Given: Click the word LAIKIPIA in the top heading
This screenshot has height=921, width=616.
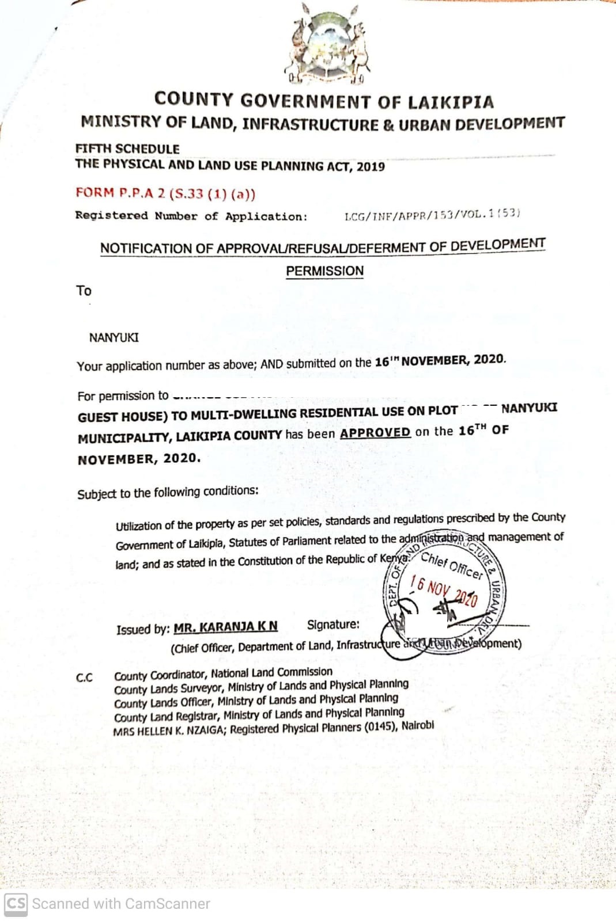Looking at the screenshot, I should pos(451,102).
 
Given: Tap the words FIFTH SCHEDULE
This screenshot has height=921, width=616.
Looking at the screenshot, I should pos(127,149).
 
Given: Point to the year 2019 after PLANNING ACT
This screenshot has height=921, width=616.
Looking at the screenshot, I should pos(371,167).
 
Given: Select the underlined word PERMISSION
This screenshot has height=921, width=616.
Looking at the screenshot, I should pos(324,271).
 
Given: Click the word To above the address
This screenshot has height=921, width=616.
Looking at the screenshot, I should pos(84,291).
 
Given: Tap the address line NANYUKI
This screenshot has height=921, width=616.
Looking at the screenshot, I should pos(114,337).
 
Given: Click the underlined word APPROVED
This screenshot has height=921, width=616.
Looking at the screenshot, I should pos(375,432).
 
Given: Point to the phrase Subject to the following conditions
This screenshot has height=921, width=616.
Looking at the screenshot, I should pos(168,493).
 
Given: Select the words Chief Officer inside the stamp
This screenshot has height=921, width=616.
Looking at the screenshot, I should pos(452,565).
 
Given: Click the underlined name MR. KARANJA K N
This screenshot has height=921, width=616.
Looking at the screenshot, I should pos(225,626).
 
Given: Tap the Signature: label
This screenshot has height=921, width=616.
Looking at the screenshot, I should pos(333,625).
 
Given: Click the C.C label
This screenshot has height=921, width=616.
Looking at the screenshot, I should pos(84,678).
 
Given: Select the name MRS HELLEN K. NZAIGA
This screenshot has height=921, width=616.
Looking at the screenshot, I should pos(170,730).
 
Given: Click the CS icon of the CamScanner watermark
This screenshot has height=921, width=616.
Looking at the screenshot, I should pos(16,904).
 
